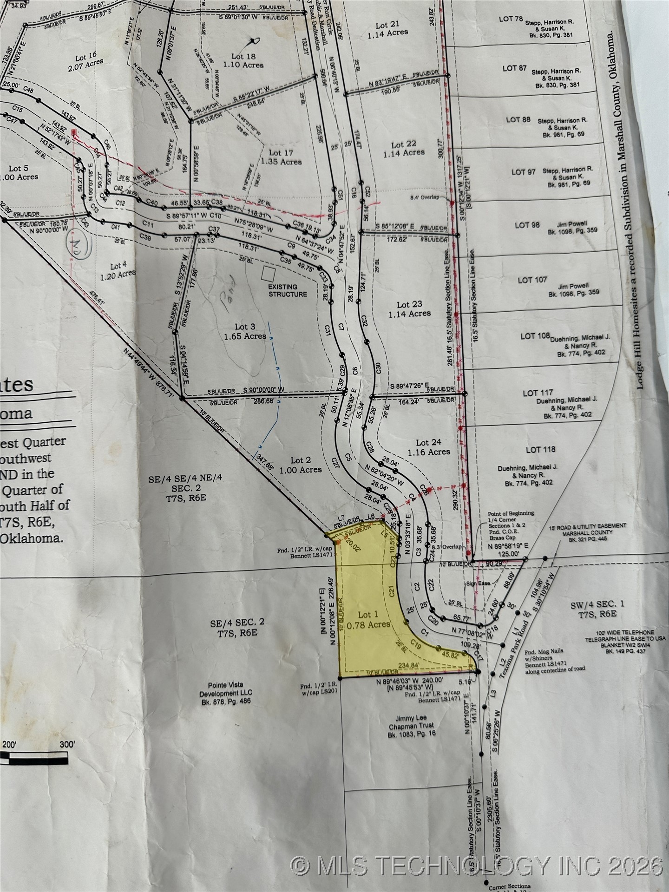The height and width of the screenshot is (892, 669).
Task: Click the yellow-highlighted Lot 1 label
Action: [369, 619]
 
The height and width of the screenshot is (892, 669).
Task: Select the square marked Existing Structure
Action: [268, 274]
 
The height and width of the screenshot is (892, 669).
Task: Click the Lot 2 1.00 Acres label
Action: [300, 465]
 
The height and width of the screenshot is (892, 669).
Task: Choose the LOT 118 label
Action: [540, 449]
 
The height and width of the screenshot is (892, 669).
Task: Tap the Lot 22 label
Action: [404, 148]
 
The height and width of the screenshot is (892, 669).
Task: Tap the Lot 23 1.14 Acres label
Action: [409, 309]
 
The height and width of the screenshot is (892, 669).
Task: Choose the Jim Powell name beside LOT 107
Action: [575, 285]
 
